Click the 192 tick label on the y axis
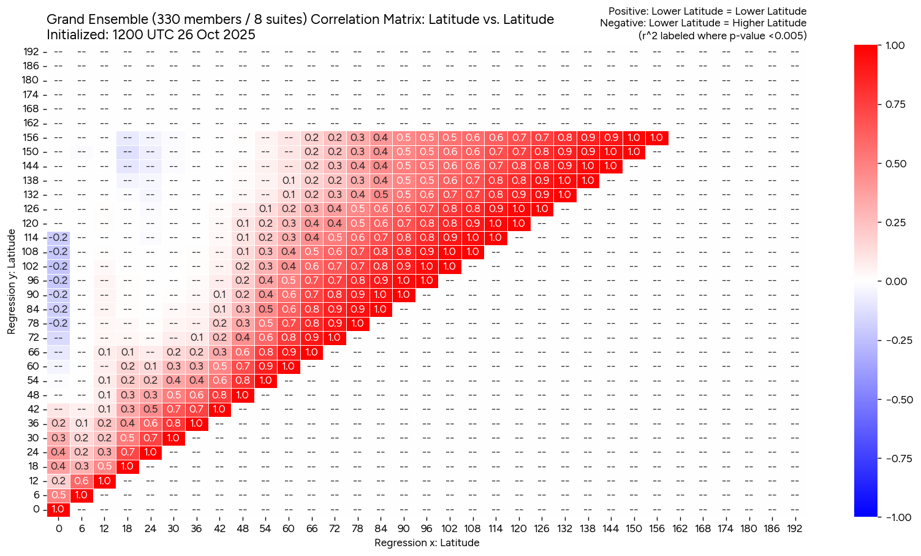pos(31,51)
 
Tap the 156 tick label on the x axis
pos(656,528)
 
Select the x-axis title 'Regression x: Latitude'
pos(426,543)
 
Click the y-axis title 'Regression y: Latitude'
pos(12,281)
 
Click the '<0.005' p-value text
pos(787,36)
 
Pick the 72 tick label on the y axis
pos(34,338)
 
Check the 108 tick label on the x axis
pos(472,528)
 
